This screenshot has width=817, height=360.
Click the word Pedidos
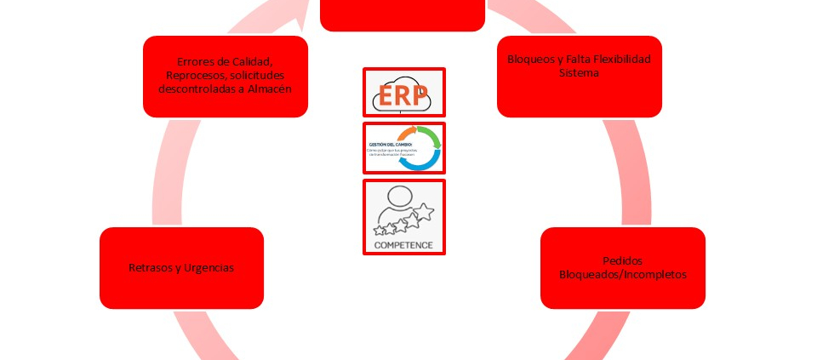[622, 260]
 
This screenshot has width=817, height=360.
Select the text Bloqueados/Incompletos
[622, 274]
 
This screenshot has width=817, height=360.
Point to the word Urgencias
[208, 267]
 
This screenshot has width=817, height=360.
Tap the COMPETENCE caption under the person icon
[403, 244]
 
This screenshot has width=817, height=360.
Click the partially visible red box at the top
[403, 15]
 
